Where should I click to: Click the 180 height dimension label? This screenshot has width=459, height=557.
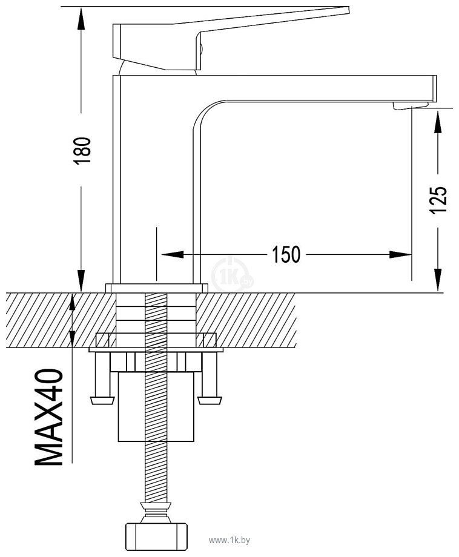82,150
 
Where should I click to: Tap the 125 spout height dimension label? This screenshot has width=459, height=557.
438,200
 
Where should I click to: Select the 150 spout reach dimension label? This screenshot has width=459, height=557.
286,254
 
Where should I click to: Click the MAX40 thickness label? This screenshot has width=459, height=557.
48,417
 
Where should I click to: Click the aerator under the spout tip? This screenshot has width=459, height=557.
411,105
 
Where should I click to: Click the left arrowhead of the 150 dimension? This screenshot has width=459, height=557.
173,255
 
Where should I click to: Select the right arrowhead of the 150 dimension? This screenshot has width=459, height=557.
400,255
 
